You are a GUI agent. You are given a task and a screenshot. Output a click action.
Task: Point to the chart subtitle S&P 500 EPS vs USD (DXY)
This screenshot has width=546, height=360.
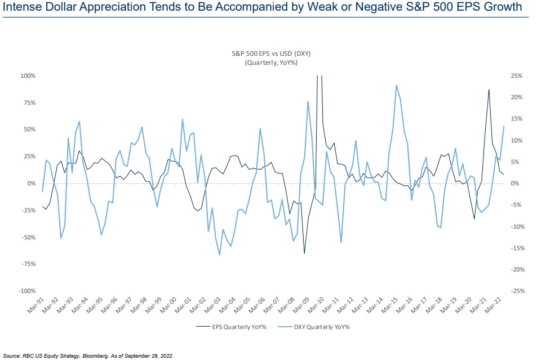click(272, 54)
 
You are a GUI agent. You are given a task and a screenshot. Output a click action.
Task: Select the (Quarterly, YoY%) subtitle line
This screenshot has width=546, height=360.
click(271, 63)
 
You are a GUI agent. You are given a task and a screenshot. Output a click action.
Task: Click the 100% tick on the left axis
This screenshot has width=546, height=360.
click(28, 75)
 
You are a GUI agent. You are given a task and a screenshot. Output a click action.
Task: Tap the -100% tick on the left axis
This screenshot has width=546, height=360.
click(27, 291)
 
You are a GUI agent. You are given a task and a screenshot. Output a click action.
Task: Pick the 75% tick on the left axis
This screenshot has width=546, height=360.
click(29, 103)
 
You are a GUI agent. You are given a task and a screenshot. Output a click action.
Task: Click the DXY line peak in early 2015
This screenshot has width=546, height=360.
click(397, 86)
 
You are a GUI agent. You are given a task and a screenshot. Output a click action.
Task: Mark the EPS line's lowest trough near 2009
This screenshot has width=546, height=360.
click(304, 253)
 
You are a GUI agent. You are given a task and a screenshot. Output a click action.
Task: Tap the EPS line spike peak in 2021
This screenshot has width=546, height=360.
click(489, 90)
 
